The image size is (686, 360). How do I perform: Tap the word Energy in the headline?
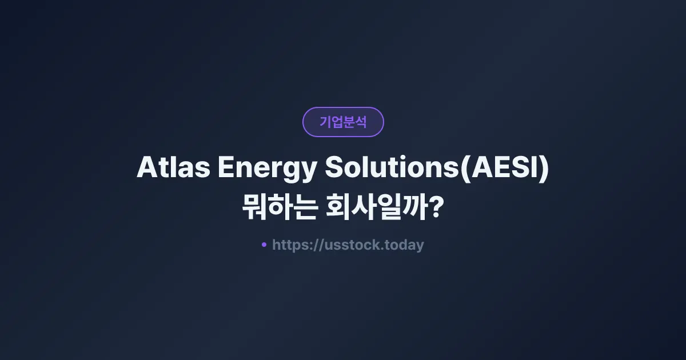[265, 169]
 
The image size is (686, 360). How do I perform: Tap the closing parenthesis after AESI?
[544, 170]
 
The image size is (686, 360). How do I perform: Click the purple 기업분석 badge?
[343, 122]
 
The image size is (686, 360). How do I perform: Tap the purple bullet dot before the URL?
[264, 245]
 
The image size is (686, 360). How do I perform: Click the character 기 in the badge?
[325, 122]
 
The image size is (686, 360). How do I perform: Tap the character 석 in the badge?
[361, 122]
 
